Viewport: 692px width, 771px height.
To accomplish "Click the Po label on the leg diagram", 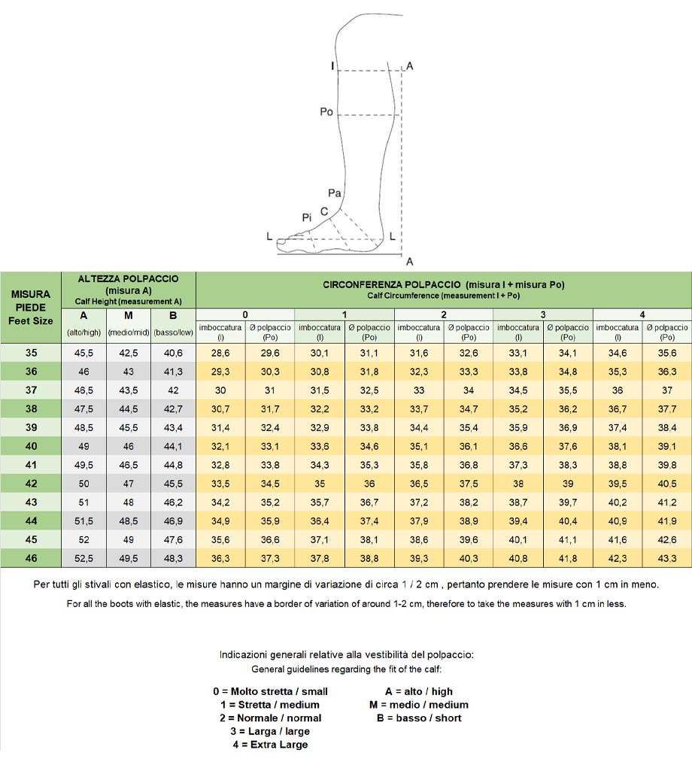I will point(326,111).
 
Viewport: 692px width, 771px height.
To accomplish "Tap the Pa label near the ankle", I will point(335,193).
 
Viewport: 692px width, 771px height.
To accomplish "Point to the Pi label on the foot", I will point(307,217).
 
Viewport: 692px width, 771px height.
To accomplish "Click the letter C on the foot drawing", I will point(323,211).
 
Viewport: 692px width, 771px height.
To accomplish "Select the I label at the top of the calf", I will point(332,67).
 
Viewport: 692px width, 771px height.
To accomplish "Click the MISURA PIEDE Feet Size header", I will point(31,307).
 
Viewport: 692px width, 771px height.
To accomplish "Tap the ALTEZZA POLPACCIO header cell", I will point(128,290).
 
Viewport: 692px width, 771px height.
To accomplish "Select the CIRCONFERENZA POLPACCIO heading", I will point(443,289).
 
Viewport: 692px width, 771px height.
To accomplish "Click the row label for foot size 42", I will point(31,484).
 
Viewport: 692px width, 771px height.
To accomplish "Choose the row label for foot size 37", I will point(31,390).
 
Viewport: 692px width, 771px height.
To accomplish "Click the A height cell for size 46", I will point(83,558).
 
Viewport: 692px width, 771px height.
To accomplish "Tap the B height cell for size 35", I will point(173,353).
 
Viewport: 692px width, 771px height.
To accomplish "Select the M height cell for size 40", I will point(129,446).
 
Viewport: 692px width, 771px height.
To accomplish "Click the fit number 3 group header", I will point(543,314).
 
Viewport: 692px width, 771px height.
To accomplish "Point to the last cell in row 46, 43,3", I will point(667,558).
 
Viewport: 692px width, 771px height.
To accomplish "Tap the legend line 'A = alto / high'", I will point(419,691).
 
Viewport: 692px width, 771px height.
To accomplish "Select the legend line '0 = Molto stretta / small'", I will point(270,691).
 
